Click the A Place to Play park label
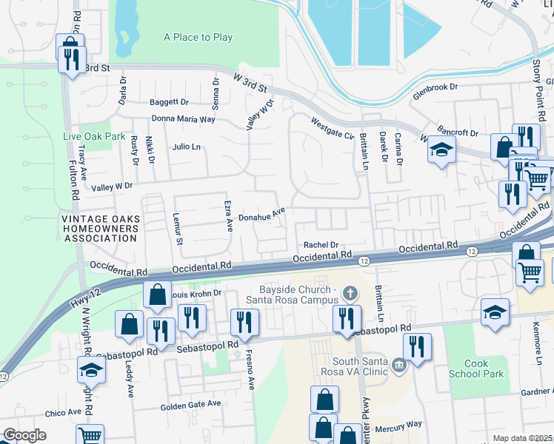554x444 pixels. click(198, 37)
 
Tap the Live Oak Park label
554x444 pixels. click(94, 136)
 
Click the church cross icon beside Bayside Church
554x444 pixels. click(350, 295)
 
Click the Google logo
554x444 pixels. click(24, 435)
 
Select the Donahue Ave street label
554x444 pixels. click(262, 215)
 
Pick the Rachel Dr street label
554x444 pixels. click(321, 245)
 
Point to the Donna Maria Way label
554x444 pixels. click(183, 118)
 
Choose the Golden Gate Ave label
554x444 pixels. click(191, 404)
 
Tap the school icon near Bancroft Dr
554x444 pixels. click(441, 150)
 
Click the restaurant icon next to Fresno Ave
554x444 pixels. click(241, 320)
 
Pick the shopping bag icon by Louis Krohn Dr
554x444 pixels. click(158, 295)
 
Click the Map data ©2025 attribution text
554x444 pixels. click(522, 438)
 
